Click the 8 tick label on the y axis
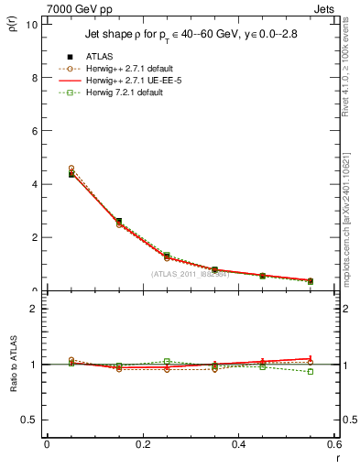coord(34,78)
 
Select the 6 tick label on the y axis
coord(34,131)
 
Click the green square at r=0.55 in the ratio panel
coord(311,372)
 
